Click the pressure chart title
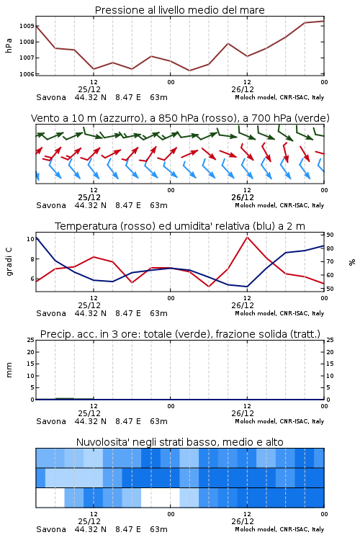179,10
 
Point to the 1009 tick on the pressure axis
27,26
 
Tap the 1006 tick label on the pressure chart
27,73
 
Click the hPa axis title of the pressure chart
9,45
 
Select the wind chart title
180,118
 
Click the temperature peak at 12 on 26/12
248,237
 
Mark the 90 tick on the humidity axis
330,235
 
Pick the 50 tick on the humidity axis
330,289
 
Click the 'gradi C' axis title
9,262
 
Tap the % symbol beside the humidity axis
352,262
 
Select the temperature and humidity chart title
180,226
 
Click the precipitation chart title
180,334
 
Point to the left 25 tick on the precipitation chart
31,340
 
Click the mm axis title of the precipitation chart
9,370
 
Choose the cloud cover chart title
179,442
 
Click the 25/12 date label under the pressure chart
89,89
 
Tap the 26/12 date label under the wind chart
243,197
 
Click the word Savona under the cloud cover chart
51,529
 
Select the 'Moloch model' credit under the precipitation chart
256,421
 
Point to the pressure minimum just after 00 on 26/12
189,71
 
